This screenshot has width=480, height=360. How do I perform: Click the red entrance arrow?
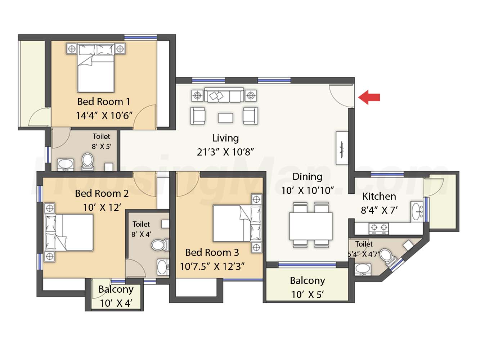369,98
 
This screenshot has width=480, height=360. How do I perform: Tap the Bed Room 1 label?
104,102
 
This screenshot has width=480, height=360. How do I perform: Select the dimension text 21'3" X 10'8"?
225,152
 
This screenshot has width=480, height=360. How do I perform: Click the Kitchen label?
379,196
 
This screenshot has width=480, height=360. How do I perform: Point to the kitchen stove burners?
379,228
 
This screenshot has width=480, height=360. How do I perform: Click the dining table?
311,226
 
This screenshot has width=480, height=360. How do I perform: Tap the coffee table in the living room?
225,118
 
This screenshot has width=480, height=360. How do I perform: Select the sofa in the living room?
224,95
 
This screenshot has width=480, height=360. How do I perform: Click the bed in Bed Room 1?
96,68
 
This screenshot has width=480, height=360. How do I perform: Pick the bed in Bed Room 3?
237,223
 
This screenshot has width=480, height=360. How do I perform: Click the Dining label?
307,177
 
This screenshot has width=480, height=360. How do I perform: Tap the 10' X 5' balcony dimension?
307,294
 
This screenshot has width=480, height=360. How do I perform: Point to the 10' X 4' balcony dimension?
116,303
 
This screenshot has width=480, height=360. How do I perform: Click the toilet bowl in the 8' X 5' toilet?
88,162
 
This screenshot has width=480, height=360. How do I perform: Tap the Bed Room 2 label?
102,193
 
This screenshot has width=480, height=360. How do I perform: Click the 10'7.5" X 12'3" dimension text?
212,266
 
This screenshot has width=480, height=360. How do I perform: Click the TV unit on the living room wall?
342,148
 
